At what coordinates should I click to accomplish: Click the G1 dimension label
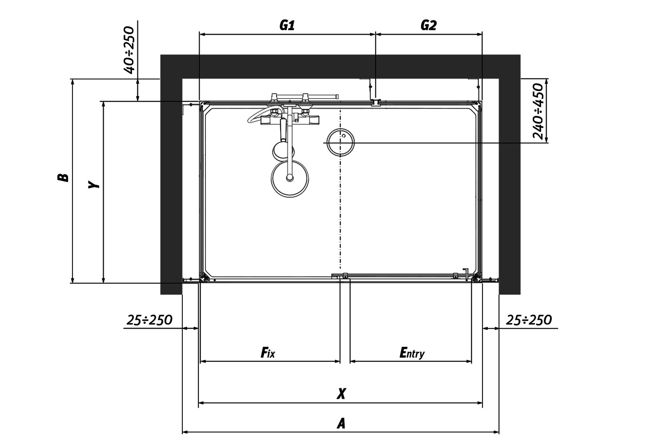287,26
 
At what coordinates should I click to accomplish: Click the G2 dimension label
429,26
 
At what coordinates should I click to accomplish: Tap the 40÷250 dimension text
129,50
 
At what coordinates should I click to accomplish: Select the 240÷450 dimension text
538,111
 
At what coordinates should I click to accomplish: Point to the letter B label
63,178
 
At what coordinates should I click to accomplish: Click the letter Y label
94,184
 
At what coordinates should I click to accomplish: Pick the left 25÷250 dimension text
149,320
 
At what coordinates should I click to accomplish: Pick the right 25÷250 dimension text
529,320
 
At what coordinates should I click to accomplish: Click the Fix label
268,353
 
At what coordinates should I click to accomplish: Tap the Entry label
412,353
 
